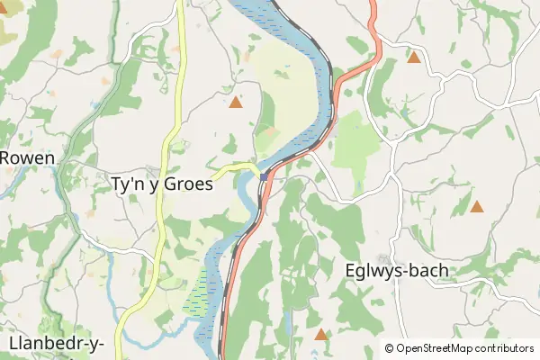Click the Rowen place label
click(x=27, y=157)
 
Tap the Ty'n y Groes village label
click(x=161, y=184)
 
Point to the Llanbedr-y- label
click(x=56, y=344)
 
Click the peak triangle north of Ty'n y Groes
click(x=236, y=103)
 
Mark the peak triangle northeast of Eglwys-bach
click(x=477, y=207)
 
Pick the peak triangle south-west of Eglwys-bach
click(x=321, y=335)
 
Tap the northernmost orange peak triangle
click(x=414, y=58)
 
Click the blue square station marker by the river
click(x=263, y=177)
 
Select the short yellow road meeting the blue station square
click(x=236, y=166)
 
